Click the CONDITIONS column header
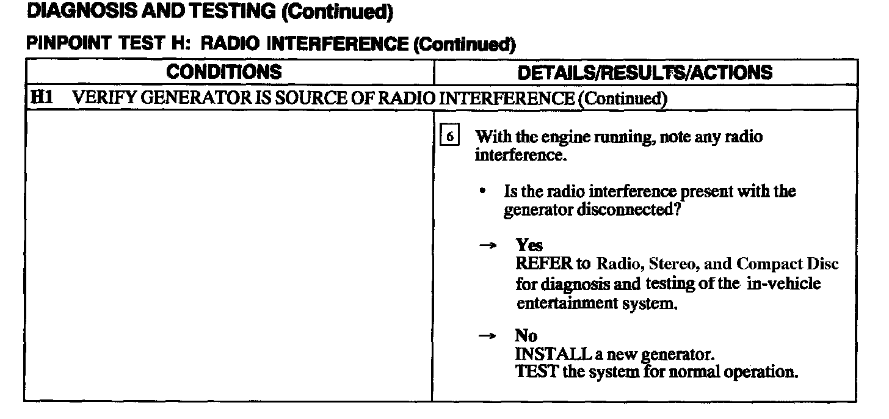click(x=225, y=72)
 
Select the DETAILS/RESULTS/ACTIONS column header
click(x=644, y=73)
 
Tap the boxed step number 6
click(x=449, y=137)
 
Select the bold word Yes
click(x=529, y=245)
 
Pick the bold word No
click(x=526, y=336)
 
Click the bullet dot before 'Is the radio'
click(x=483, y=192)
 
